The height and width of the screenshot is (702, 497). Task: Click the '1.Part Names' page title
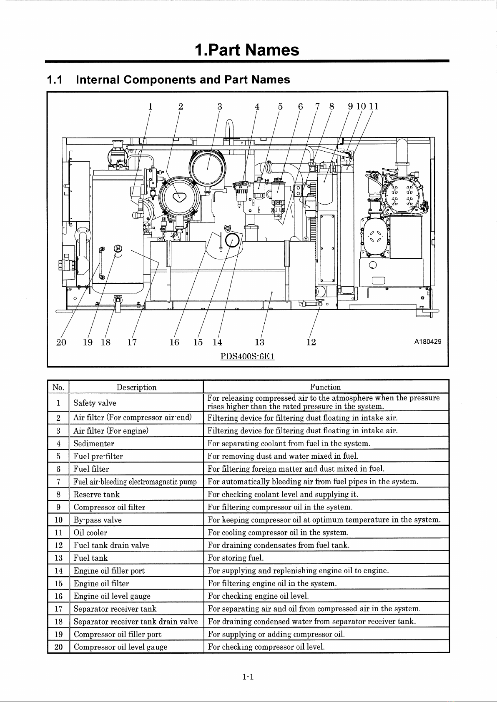tap(247, 50)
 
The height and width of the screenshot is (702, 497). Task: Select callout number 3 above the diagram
tap(220, 107)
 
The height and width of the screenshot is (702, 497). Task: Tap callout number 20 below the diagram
tap(61, 342)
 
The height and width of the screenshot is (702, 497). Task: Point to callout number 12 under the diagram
tap(311, 342)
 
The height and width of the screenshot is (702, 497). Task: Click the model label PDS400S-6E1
tap(247, 356)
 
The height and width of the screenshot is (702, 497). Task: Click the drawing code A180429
tap(428, 342)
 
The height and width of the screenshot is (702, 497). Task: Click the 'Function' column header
tap(326, 387)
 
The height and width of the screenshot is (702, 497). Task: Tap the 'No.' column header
tap(58, 387)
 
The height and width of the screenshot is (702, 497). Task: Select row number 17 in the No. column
tap(59, 609)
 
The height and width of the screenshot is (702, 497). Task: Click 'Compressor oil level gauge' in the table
tap(120, 647)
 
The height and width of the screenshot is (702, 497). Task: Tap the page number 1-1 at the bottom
tap(248, 677)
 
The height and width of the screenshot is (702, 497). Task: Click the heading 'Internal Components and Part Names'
tap(183, 80)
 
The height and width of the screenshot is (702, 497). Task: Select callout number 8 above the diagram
tap(331, 107)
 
